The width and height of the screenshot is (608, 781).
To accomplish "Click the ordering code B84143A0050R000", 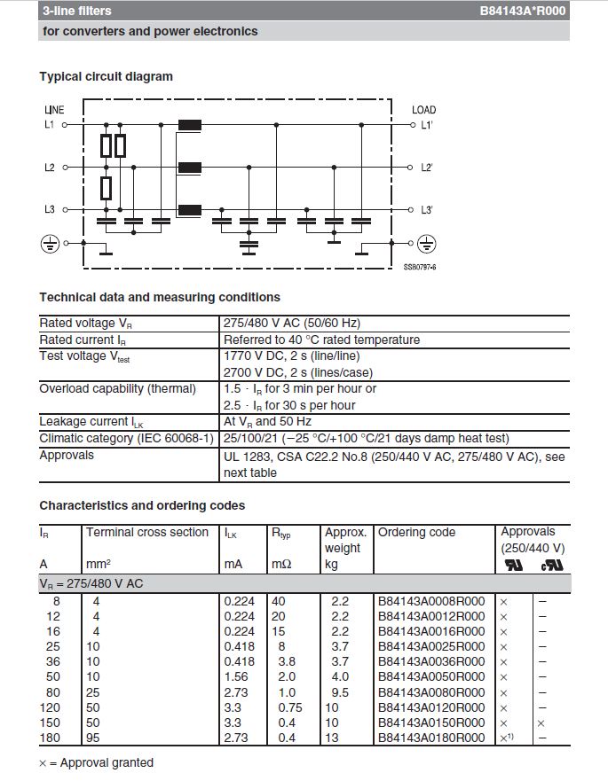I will point(431,677).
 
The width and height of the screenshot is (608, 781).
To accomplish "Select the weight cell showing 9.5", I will point(340,692).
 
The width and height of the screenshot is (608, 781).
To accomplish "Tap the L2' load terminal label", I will point(426,168).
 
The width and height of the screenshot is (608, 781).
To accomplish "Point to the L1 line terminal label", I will point(50,125).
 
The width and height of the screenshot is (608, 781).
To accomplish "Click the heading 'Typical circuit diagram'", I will point(106,77).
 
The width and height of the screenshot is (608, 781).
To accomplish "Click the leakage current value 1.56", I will point(234,677).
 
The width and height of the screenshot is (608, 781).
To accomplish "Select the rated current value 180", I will point(52,738).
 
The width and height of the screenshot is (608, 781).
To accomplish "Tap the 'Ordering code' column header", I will point(416,533).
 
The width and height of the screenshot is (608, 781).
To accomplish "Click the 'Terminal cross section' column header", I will point(147,533).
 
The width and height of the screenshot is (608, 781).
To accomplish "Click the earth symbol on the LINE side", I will point(51,242).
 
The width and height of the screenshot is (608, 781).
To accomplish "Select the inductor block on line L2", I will point(190,168).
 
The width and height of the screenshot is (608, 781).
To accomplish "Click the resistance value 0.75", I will point(288,707).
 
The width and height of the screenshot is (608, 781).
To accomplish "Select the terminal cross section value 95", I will point(93,738).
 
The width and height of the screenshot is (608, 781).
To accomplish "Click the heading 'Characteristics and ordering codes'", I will point(142,506).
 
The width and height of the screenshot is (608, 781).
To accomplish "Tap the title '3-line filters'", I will point(77,12).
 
